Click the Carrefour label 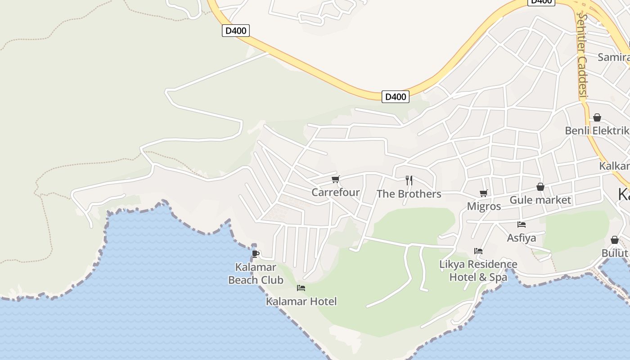coord(336,192)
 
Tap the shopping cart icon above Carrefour coord(335,180)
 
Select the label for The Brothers coord(409,194)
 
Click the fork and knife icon coord(409,180)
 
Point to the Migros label coord(484,207)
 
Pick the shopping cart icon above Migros coord(484,193)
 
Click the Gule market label coord(540,200)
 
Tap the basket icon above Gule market coord(540,187)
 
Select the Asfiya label coord(522,238)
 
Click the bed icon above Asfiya coord(522,224)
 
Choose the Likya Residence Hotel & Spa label coord(478,270)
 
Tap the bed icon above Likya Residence coord(478,251)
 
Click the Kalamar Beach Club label coord(256,274)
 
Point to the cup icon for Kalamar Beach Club coord(256,254)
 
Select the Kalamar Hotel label coord(301,301)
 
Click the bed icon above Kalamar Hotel coord(301,288)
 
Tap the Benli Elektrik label coord(597,130)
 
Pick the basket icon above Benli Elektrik coord(597,117)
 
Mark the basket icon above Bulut coord(615,240)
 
